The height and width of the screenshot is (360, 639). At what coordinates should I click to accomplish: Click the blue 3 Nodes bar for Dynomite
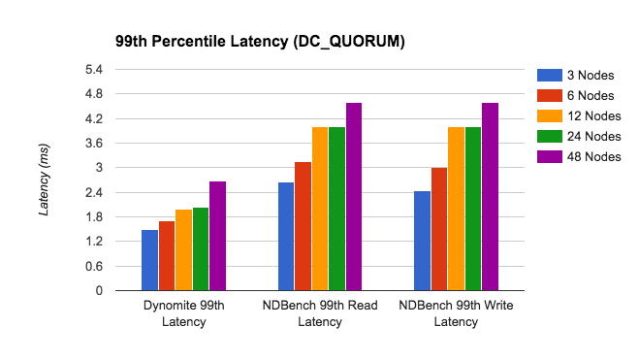[x=149, y=260]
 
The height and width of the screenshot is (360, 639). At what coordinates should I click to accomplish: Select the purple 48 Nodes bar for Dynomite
[x=217, y=236]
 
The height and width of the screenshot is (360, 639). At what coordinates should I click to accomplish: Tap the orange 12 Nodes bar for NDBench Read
[x=319, y=209]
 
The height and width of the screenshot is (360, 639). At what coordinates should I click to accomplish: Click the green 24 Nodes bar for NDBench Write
[x=473, y=209]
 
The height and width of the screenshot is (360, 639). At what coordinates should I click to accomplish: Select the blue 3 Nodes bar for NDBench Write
[x=422, y=241]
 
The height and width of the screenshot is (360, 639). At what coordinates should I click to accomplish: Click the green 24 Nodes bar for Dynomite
[x=201, y=249]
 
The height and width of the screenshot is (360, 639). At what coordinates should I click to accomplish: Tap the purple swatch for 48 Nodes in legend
[x=549, y=156]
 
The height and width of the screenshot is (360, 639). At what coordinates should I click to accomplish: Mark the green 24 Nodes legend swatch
[x=549, y=136]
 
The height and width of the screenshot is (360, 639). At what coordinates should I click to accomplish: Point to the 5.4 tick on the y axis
[x=93, y=70]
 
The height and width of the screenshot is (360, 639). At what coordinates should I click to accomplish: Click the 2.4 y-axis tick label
[x=93, y=192]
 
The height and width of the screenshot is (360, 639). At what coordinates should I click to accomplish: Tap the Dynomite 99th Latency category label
[x=183, y=313]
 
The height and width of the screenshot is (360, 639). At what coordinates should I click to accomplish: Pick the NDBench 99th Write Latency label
[x=456, y=313]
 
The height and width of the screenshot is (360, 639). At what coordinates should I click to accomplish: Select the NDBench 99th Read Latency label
[x=320, y=313]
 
